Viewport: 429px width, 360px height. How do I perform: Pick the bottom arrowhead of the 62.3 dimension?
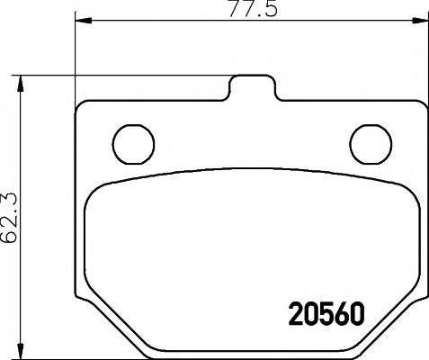[24, 350]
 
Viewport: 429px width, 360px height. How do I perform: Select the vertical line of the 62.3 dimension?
[24, 270]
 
